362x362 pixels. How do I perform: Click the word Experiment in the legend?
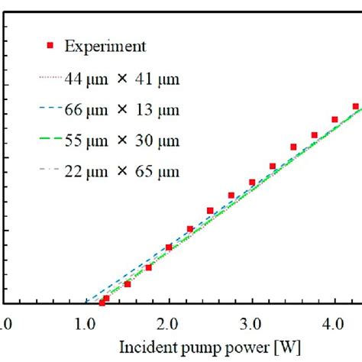click(x=105, y=47)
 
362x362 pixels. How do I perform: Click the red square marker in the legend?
click(x=50, y=46)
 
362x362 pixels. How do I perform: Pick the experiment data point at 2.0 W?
click(x=169, y=247)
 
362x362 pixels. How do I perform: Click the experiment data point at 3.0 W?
click(x=252, y=183)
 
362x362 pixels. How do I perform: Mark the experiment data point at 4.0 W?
click(x=335, y=119)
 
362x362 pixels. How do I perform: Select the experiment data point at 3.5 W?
click(x=293, y=147)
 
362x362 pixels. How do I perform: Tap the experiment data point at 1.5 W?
click(x=128, y=284)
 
